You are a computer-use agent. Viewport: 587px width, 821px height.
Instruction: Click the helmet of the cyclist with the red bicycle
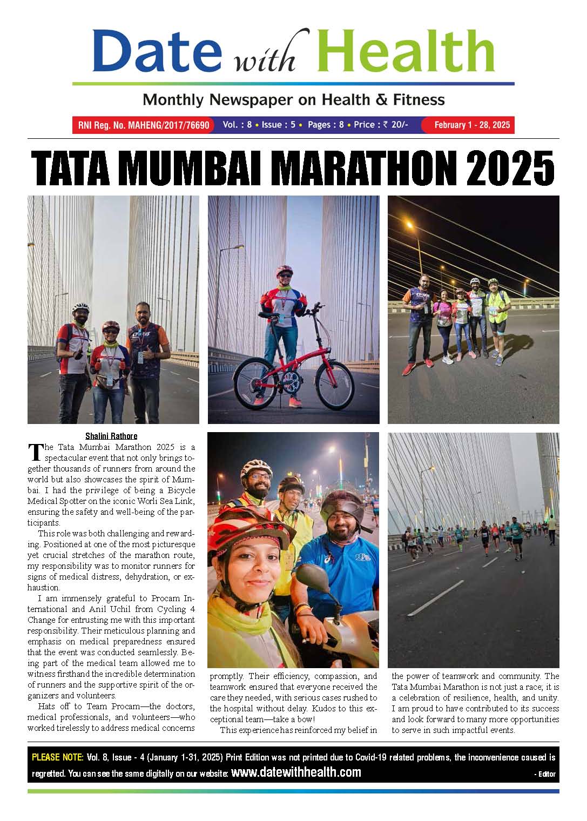pos(284,270)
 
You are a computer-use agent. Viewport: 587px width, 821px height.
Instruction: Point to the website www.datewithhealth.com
pos(296,772)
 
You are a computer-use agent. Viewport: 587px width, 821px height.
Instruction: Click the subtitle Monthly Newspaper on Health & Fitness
pos(293,99)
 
